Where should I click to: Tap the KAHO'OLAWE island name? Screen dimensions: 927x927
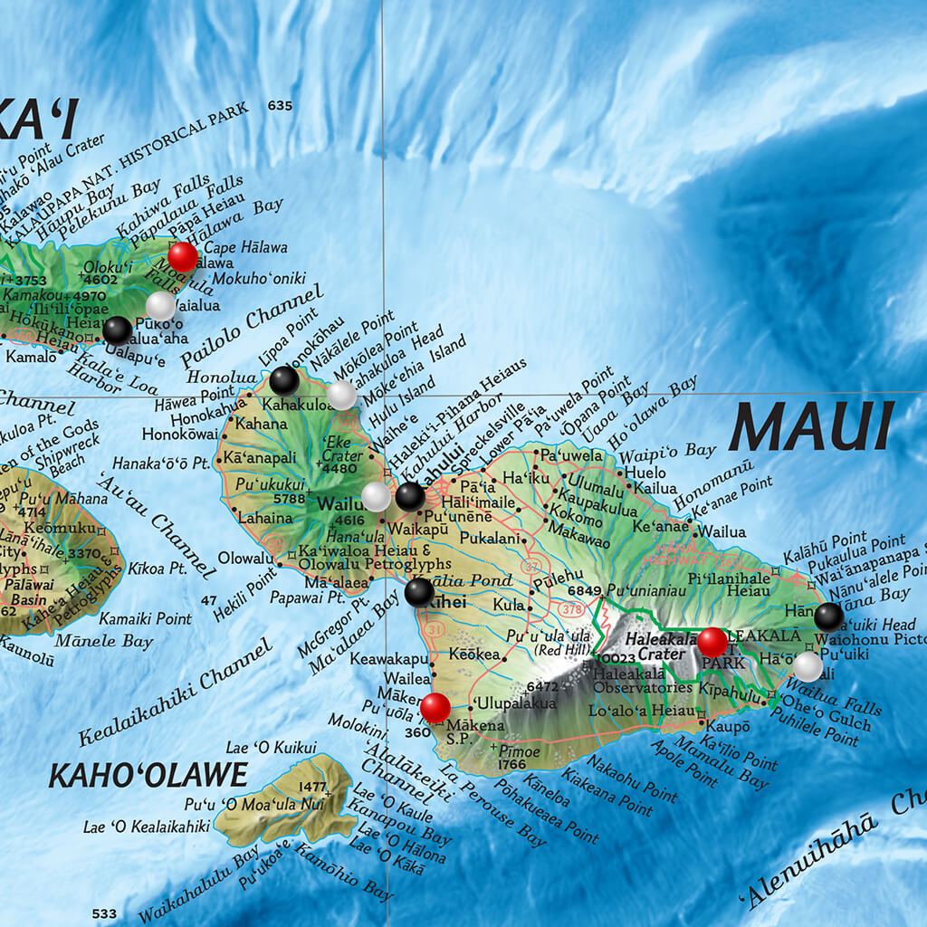pyautogui.click(x=148, y=775)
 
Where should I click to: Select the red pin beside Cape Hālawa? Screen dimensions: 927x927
pyautogui.click(x=182, y=256)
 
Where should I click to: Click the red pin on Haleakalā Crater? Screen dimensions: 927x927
pyautogui.click(x=712, y=642)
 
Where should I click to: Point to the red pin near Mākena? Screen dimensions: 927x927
pyautogui.click(x=435, y=707)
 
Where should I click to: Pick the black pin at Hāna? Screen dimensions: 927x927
pyautogui.click(x=828, y=617)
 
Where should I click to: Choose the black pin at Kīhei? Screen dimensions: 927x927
pyautogui.click(x=418, y=592)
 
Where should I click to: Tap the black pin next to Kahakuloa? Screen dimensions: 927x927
pyautogui.click(x=283, y=381)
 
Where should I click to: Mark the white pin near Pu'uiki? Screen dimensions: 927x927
pyautogui.click(x=808, y=666)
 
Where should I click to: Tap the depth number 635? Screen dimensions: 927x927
pyautogui.click(x=281, y=106)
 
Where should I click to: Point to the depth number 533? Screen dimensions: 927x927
pyautogui.click(x=104, y=913)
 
